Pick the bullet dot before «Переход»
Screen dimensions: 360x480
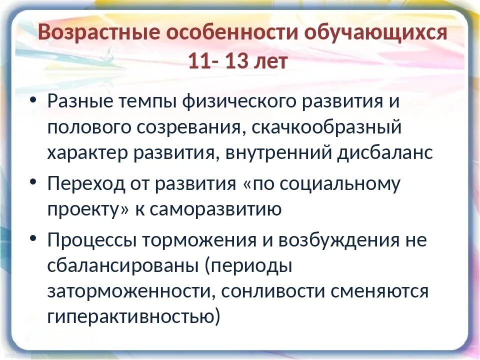coord(33,180)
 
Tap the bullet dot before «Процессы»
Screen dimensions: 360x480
coord(33,237)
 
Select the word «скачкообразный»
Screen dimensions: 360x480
coord(327,127)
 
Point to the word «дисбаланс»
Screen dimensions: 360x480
coord(385,153)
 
